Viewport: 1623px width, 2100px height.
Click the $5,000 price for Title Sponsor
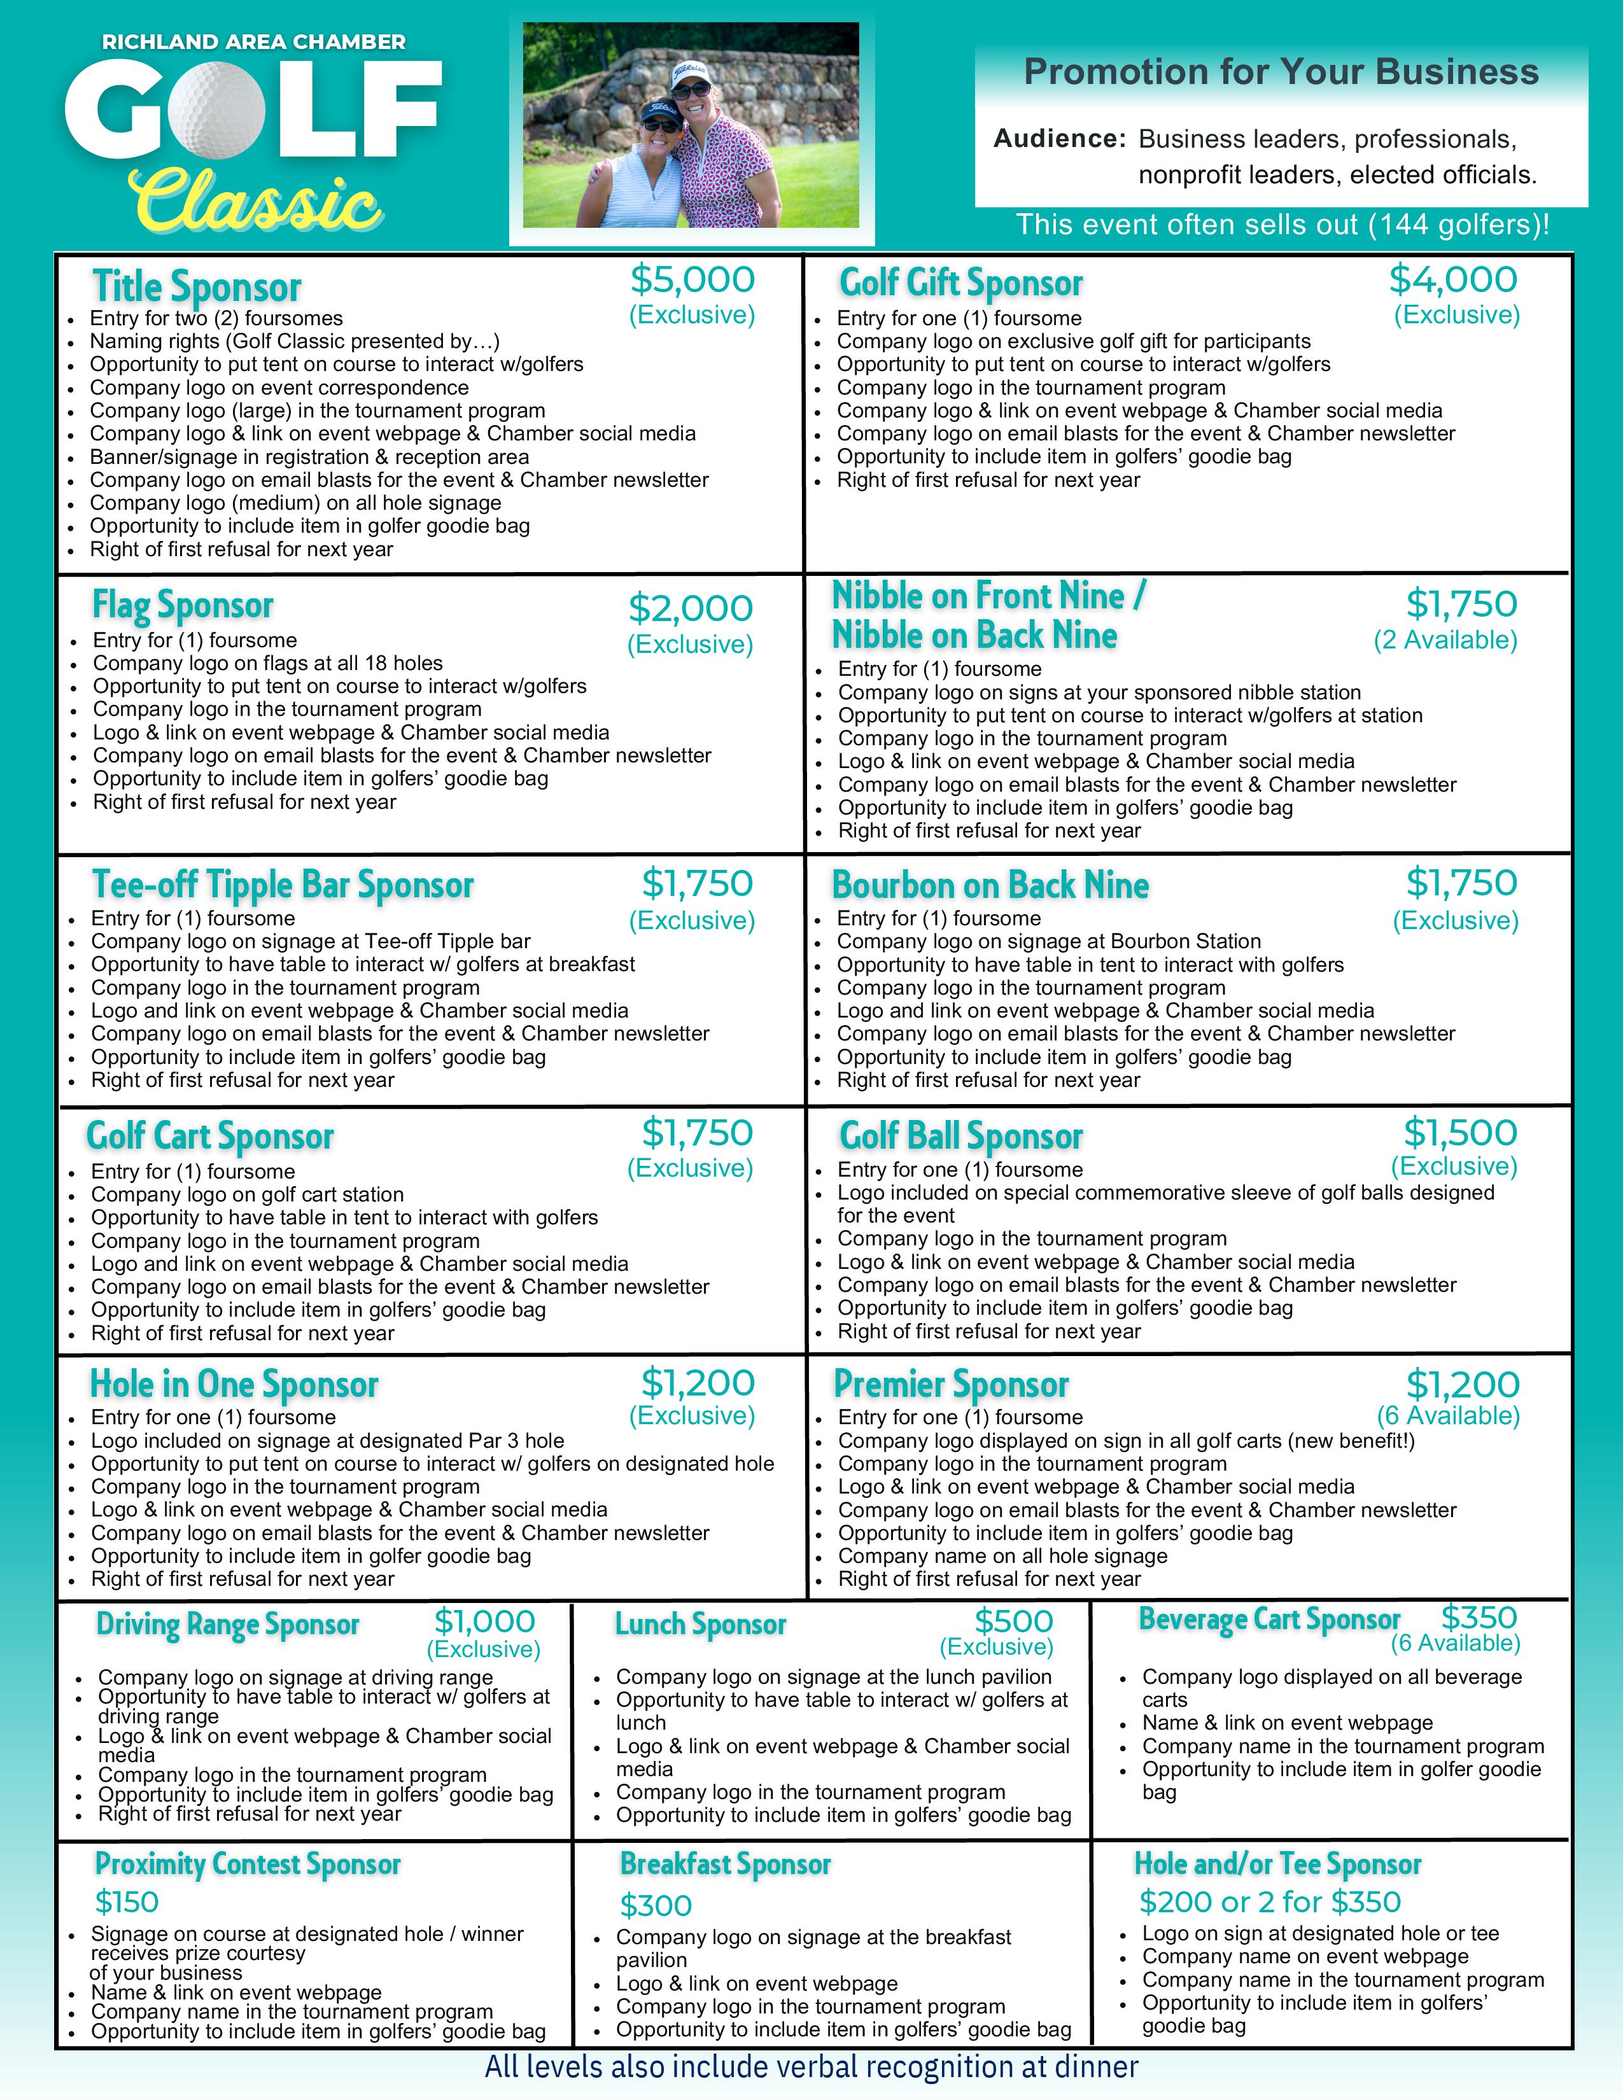[x=692, y=280]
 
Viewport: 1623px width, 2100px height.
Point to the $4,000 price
[x=1452, y=280]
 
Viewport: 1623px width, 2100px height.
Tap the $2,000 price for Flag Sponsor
[x=691, y=608]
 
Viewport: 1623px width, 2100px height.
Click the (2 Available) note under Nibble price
[x=1445, y=640]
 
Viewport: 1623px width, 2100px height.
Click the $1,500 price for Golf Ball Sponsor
[x=1459, y=1133]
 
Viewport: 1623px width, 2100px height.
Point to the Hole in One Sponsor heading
[x=234, y=1385]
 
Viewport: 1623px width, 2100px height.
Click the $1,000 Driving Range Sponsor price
[x=484, y=1621]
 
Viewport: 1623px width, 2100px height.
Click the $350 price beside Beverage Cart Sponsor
[x=1479, y=1617]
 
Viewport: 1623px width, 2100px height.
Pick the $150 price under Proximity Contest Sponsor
[x=127, y=1902]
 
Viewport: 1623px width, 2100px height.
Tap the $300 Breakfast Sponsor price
[x=656, y=1906]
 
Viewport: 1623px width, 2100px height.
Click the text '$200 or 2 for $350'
[x=1269, y=1902]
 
